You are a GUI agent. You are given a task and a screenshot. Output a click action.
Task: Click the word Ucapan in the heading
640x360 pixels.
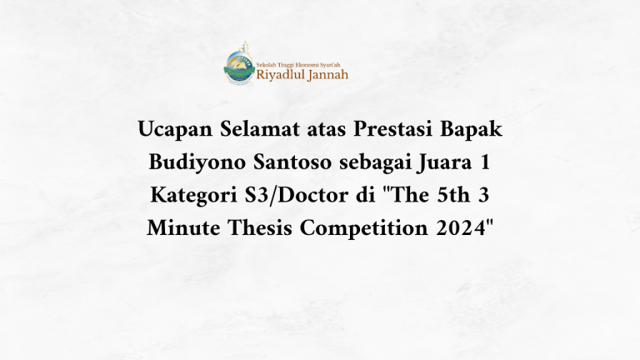point(170,132)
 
